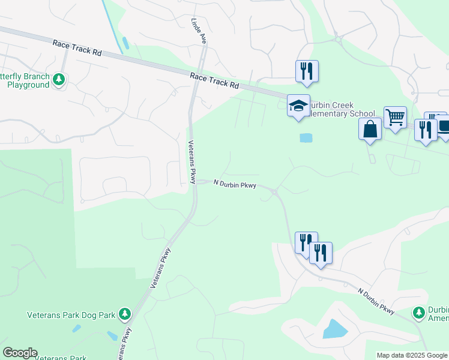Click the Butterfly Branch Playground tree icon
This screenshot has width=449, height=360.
[58, 79]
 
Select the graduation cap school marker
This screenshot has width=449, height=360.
[298, 106]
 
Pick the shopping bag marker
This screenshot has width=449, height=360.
[370, 128]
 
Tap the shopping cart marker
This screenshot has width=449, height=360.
[395, 117]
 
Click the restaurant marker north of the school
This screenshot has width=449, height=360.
[307, 71]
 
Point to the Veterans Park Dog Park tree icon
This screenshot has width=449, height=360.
[124, 314]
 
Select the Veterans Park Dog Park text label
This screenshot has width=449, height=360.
[72, 314]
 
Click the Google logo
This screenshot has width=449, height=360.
[20, 353]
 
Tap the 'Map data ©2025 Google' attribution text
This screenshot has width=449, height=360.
[412, 355]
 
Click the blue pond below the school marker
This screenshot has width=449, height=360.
[306, 137]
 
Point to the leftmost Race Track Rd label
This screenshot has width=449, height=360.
[77, 47]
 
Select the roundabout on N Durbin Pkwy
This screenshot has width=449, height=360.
[274, 192]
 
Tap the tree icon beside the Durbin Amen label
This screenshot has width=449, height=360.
[418, 312]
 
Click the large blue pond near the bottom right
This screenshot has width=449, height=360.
[334, 329]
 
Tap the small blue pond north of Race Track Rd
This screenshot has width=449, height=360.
[125, 43]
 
